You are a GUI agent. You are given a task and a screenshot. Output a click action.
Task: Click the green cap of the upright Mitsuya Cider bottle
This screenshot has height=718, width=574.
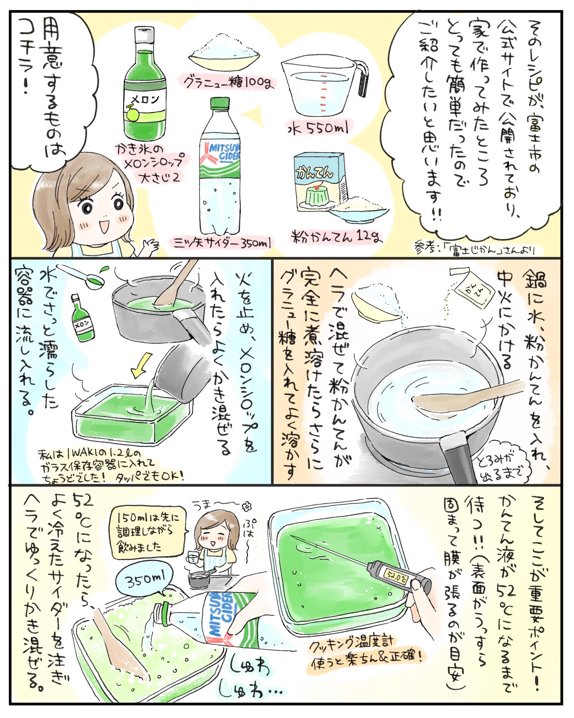pyautogui.click(x=220, y=103)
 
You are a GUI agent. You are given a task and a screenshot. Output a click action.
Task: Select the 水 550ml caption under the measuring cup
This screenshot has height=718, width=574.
pyautogui.click(x=318, y=128)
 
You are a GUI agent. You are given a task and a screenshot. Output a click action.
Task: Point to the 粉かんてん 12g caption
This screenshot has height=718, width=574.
pyautogui.click(x=336, y=236)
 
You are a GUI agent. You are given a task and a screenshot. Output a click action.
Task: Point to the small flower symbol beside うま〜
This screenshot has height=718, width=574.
pyautogui.click(x=247, y=507)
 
